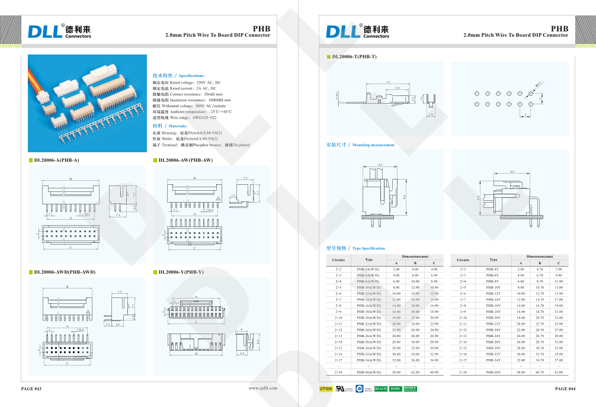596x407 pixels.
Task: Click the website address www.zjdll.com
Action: point(263,389)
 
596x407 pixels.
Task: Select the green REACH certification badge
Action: point(380,389)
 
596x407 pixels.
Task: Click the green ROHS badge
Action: point(395,389)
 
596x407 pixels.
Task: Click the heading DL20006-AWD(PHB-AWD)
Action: point(65,272)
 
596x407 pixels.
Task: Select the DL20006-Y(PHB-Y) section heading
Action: point(181,272)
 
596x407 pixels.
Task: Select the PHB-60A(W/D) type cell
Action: point(369,372)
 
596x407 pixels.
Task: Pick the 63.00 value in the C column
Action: point(558,372)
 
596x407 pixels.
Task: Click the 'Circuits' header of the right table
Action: point(463,259)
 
